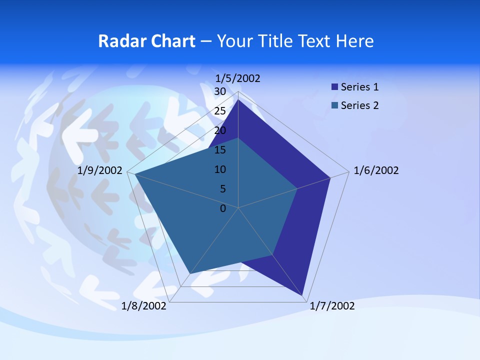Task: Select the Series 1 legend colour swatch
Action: pos(334,87)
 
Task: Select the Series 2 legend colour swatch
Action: pos(334,105)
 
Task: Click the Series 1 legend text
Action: pos(359,87)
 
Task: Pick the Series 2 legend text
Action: pos(359,105)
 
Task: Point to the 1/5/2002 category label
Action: pos(237,78)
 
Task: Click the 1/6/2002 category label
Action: pos(376,170)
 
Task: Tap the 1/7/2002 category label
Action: pos(332,306)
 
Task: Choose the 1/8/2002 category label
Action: pos(144,306)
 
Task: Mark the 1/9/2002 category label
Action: pos(100,170)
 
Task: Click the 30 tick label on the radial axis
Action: pos(220,91)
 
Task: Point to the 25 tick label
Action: pos(220,111)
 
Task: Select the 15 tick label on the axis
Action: pos(220,150)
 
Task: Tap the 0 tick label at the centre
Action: pos(223,208)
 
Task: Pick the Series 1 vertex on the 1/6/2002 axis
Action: pos(330,177)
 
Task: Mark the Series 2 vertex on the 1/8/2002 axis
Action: pos(189,274)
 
